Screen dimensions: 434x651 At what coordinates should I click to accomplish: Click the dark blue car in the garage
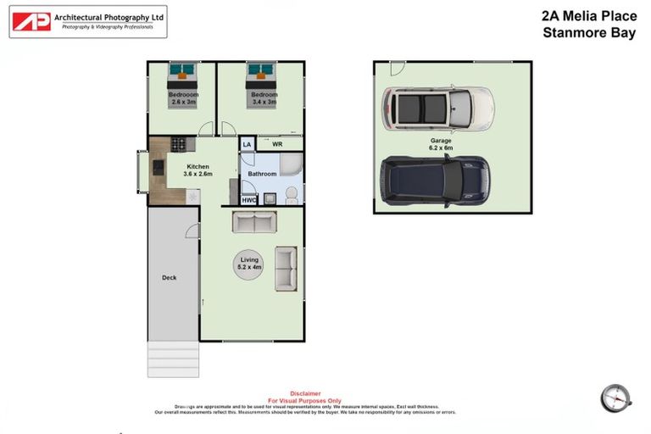[x=432, y=181]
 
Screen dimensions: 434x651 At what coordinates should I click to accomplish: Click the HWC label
[x=248, y=200]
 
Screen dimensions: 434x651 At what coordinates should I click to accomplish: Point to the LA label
[x=247, y=145]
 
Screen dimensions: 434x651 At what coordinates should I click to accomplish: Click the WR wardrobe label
[x=276, y=144]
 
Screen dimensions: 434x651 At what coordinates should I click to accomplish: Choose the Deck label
[x=169, y=277]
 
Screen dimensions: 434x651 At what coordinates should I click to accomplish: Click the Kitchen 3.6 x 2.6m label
[x=198, y=170]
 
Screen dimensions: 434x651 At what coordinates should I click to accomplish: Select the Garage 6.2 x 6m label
[x=440, y=144]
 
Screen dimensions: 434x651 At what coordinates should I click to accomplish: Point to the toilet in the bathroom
[x=290, y=196]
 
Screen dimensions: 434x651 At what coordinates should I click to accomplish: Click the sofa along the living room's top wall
[x=254, y=223]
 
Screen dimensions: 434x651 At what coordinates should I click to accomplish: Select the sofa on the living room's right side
[x=286, y=269]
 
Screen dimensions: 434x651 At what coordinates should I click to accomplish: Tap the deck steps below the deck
[x=174, y=359]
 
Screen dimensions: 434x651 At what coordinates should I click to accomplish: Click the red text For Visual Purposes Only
[x=305, y=400]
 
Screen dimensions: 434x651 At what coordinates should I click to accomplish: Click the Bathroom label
[x=262, y=174]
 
